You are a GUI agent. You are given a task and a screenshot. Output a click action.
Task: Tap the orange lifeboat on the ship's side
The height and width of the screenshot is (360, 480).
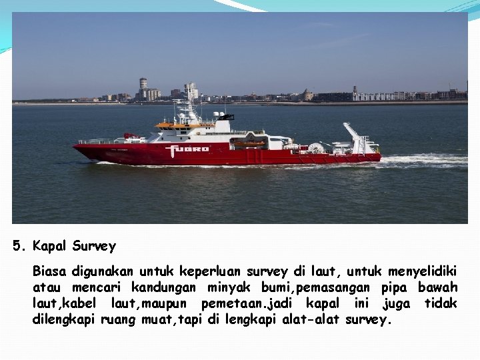coord(249,143)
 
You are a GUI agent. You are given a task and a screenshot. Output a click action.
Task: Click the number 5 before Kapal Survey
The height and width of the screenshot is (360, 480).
coord(17,246)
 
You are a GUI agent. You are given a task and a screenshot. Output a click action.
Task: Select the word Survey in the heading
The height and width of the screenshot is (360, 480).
coord(94,246)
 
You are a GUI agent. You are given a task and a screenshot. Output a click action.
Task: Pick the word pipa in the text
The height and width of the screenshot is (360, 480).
coord(395,287)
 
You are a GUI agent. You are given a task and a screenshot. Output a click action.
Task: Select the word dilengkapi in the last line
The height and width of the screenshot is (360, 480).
coord(65,319)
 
